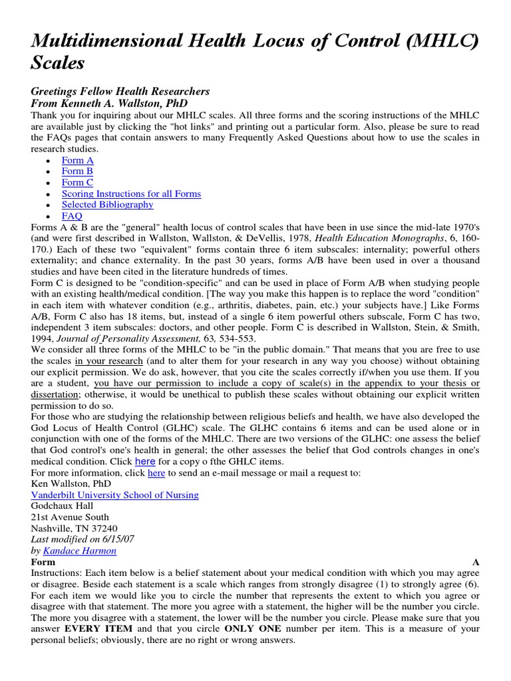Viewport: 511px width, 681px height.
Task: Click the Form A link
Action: click(x=77, y=160)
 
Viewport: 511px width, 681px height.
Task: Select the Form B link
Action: click(x=77, y=172)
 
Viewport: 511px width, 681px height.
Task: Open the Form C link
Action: click(x=77, y=182)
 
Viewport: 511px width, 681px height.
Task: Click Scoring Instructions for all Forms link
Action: click(x=131, y=194)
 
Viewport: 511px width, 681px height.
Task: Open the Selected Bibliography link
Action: click(x=107, y=205)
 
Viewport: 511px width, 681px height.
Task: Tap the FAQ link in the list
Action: click(x=72, y=216)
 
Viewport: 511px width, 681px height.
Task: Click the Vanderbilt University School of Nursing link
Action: click(x=114, y=495)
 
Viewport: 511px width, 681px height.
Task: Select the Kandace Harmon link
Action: click(x=79, y=551)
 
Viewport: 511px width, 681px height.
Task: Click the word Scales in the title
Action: click(x=59, y=63)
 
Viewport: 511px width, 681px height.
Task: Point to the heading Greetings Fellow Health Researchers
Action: click(x=120, y=91)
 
